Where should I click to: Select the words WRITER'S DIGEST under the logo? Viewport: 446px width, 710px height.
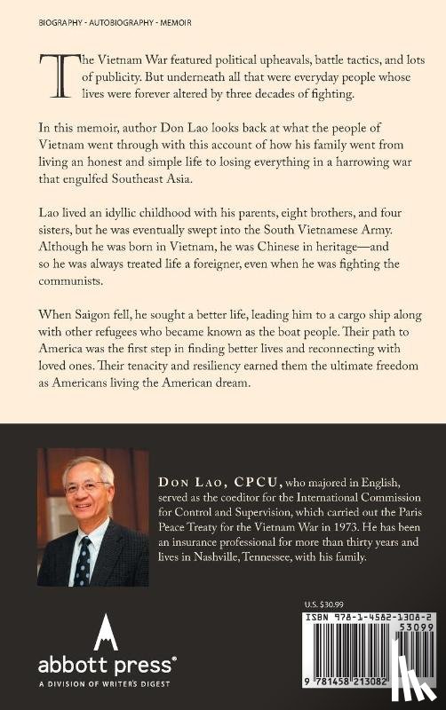(x=110, y=682)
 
